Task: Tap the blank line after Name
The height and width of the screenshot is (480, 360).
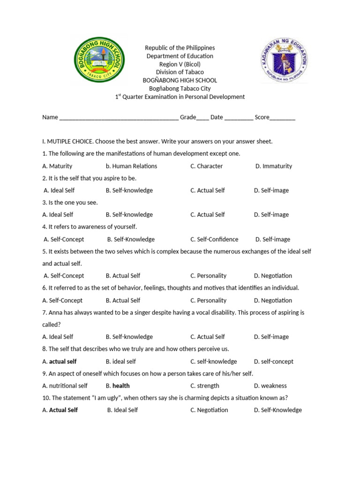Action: point(119,118)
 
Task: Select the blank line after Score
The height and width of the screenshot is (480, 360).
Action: point(283,118)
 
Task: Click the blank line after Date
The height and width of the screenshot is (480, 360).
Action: point(239,118)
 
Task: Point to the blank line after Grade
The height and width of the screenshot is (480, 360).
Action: point(202,118)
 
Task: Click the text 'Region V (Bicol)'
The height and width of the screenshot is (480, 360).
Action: point(180,64)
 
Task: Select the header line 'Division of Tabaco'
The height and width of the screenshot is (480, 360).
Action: point(180,72)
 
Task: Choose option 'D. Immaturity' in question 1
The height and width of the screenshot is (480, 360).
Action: point(273,166)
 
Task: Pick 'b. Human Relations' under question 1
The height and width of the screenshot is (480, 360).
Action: point(131,166)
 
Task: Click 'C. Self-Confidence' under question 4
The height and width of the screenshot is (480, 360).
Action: point(214,239)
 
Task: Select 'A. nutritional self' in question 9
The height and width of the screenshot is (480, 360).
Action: point(65,386)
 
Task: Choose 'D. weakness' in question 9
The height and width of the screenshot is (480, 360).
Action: point(270,386)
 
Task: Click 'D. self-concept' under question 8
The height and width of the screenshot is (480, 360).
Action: point(273,361)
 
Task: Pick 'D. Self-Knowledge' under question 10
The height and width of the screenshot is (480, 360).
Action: point(277,410)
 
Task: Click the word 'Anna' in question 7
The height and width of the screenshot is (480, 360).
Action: point(56,312)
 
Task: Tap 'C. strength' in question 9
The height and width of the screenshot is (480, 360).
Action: point(204,386)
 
